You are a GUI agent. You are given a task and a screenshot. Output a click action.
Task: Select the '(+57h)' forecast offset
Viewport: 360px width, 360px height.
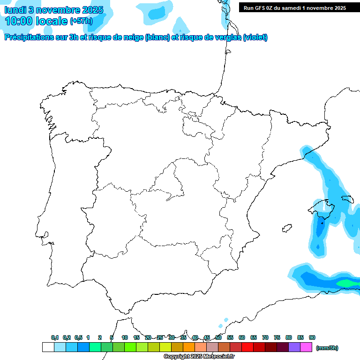pos(81,21)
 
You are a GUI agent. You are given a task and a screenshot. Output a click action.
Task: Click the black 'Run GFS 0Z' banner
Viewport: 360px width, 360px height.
pos(295,7)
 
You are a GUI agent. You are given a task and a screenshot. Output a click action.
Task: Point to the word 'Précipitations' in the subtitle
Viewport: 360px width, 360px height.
pos(28,37)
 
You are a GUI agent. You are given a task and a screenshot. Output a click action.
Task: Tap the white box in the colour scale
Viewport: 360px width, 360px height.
pos(48,347)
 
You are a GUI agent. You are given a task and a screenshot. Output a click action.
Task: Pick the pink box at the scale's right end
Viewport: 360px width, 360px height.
pos(306,347)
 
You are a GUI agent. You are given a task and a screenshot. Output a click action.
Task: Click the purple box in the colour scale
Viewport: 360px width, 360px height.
pos(294,347)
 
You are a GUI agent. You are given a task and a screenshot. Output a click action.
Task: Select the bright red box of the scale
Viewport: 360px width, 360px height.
pos(247,347)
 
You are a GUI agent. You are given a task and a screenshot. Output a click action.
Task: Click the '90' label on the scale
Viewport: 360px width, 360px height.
pos(312,337)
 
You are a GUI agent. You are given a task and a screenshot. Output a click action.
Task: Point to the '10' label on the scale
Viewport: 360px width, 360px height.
pos(125,337)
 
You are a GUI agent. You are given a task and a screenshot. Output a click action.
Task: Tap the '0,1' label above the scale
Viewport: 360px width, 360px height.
pos(55,337)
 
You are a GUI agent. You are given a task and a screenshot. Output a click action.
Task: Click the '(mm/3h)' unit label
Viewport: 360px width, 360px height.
pos(327,348)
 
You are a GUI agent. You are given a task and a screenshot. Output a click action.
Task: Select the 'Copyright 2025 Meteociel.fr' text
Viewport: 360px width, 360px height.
pos(199,356)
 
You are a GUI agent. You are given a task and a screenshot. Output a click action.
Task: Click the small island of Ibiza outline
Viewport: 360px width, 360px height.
pos(285,228)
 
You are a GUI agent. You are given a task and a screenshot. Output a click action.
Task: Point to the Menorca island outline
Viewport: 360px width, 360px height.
pos(348,199)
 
